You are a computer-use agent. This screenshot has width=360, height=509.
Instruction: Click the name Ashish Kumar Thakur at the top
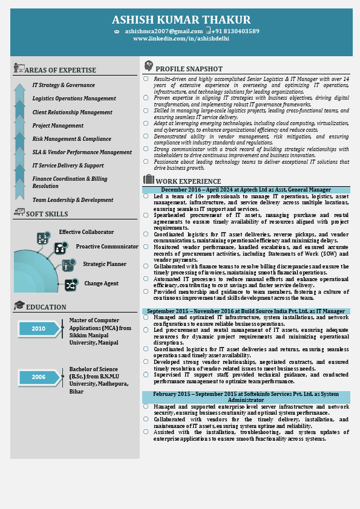181,21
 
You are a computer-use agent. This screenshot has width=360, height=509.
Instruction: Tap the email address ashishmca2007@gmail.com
164,31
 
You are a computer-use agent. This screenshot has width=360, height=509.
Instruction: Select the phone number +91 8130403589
235,31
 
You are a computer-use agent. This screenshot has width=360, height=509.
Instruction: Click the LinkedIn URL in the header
181,39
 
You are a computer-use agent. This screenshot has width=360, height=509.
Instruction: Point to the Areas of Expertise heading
61,70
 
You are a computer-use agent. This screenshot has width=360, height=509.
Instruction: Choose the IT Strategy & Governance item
64,85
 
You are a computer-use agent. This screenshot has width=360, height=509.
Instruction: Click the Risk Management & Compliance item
72,139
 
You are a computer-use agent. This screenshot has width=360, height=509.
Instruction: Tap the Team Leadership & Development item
73,200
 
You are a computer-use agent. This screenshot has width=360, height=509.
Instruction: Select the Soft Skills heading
47,214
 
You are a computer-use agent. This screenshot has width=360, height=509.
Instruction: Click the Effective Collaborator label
86,232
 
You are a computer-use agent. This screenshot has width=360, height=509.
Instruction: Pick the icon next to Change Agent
71,284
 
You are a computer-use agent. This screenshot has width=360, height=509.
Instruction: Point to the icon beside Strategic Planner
68,265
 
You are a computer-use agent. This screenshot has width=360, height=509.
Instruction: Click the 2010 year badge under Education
39,329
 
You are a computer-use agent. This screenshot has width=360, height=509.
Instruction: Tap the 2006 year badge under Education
39,377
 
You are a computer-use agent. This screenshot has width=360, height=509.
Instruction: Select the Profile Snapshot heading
189,69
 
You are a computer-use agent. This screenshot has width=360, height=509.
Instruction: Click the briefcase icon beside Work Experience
149,180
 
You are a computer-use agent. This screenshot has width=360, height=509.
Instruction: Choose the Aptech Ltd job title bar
246,190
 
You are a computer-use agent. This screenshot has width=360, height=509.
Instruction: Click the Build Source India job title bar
246,311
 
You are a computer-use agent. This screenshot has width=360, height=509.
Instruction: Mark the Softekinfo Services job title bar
246,397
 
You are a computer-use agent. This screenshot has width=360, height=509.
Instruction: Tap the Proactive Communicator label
107,247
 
